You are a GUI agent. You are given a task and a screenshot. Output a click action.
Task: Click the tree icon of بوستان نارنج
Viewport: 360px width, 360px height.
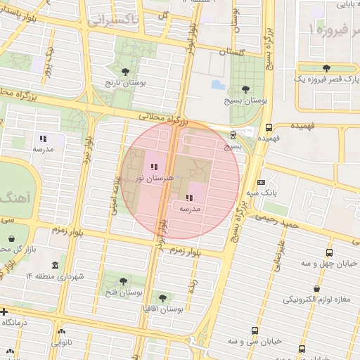point(125,72)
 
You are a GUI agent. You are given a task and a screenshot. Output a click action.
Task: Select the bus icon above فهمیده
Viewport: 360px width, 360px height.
point(269,127)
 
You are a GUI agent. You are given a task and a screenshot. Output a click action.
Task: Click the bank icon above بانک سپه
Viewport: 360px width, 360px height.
point(262,181)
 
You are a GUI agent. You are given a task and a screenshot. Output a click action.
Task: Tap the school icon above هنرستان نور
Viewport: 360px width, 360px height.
point(154,167)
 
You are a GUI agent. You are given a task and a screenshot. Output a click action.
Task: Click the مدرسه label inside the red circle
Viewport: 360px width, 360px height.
point(190,209)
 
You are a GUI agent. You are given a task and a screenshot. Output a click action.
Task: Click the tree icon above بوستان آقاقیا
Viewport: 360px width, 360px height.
point(163,298)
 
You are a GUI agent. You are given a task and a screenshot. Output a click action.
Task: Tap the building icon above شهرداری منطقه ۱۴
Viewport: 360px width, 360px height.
point(55,265)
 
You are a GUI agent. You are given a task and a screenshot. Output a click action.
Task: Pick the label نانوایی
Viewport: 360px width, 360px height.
point(61,344)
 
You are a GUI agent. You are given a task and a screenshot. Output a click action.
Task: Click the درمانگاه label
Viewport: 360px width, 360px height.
point(18,321)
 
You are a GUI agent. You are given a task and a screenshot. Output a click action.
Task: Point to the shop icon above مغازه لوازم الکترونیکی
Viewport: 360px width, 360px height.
point(317,288)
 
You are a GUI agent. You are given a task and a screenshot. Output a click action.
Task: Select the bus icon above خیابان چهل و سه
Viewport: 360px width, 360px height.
point(329,252)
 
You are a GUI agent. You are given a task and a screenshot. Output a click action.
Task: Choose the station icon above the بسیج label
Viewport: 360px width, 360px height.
point(233,135)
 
